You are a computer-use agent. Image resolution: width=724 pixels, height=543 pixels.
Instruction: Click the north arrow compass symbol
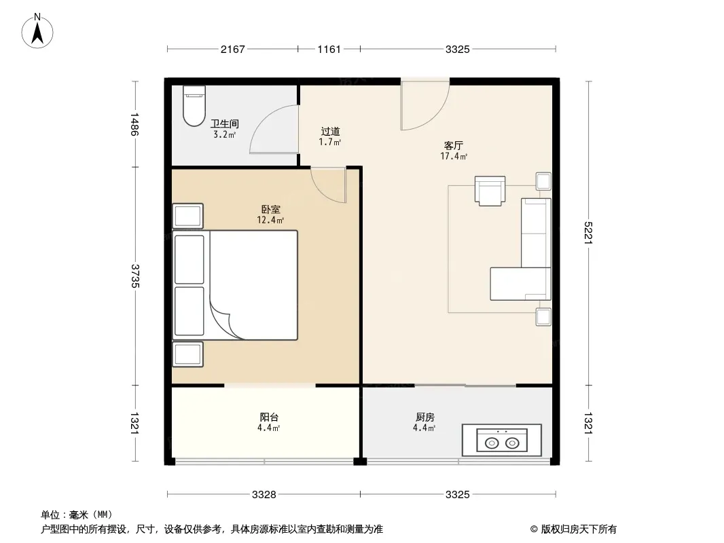[37, 31]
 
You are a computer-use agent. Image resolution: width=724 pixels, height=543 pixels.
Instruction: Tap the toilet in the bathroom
[194, 106]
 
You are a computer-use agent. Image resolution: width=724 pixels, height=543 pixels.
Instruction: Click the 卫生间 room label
[224, 124]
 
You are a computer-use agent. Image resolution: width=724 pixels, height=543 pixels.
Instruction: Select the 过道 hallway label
[330, 132]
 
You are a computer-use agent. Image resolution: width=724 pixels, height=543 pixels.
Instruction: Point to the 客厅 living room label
[454, 146]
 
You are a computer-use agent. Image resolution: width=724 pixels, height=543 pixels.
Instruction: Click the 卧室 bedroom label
[270, 210]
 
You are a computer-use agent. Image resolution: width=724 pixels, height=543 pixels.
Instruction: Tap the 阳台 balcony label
[269, 417]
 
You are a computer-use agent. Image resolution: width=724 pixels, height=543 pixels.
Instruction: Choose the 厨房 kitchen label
[424, 417]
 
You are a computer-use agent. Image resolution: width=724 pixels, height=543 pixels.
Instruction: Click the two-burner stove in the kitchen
[502, 440]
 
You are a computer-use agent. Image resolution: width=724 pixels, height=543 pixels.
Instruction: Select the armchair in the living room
[490, 191]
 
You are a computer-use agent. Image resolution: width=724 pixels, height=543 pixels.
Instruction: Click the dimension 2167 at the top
[233, 50]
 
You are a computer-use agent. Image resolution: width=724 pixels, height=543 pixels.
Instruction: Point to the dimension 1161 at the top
[329, 50]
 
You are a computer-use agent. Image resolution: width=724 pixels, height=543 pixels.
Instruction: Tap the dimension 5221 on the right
[587, 233]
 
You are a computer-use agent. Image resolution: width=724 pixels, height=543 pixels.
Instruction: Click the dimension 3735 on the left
[135, 276]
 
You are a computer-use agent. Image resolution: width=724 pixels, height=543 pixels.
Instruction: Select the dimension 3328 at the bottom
[264, 495]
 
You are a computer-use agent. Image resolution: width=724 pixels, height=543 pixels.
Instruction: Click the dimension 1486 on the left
[135, 124]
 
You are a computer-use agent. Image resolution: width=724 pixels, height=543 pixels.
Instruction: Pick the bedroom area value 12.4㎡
[270, 220]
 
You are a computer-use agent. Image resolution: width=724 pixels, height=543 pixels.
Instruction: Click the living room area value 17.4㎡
[454, 156]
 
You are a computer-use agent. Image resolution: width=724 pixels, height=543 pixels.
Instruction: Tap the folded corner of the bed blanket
[226, 320]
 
